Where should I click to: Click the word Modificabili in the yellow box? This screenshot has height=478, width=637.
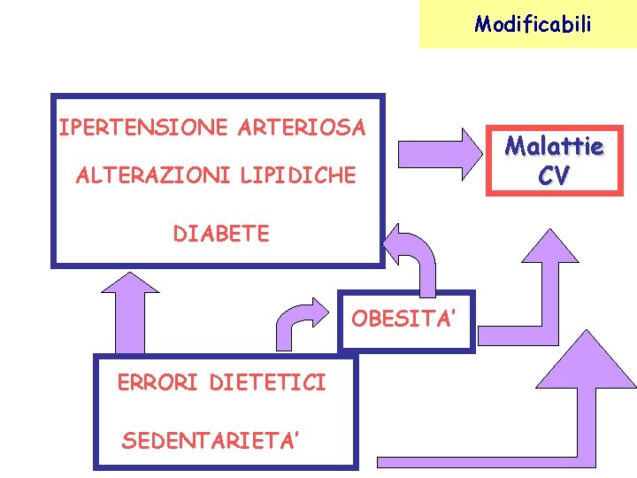pyautogui.click(x=532, y=23)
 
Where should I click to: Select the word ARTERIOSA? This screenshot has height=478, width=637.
pyautogui.click(x=301, y=127)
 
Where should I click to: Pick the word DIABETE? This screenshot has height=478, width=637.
pyautogui.click(x=221, y=234)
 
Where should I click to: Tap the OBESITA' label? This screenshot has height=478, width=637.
pyautogui.click(x=404, y=319)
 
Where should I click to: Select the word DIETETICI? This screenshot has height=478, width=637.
pyautogui.click(x=268, y=382)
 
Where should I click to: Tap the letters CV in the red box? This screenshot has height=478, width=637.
pyautogui.click(x=553, y=176)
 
